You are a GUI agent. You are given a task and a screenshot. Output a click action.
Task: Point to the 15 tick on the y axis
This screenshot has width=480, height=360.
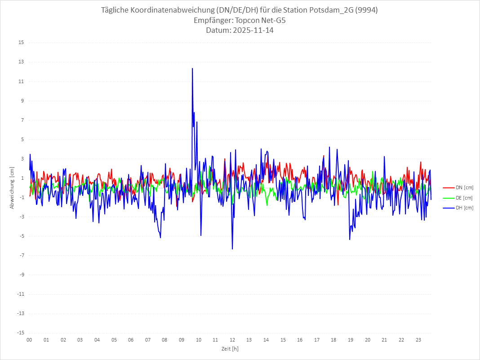click(x=21, y=43)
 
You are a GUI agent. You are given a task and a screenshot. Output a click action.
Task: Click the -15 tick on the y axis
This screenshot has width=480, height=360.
click(x=20, y=333)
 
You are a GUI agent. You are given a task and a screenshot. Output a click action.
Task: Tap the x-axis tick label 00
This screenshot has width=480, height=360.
click(x=29, y=340)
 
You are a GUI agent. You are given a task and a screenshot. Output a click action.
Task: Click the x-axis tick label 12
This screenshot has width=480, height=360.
click(x=232, y=340)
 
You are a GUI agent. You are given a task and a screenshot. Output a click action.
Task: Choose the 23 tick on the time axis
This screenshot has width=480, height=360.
click(x=418, y=340)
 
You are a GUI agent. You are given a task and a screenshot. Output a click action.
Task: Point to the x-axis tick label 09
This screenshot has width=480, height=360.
click(x=182, y=340)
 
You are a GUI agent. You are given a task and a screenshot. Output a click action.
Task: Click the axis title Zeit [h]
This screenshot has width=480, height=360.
click(x=230, y=349)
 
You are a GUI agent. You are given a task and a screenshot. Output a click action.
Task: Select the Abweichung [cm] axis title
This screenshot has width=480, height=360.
click(x=12, y=187)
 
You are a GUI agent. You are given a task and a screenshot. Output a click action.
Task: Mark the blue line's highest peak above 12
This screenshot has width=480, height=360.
click(x=192, y=68)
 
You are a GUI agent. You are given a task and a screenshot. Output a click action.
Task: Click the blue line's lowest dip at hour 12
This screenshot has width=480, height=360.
click(x=232, y=249)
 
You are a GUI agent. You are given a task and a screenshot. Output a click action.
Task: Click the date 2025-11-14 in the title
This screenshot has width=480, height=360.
click(x=252, y=31)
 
